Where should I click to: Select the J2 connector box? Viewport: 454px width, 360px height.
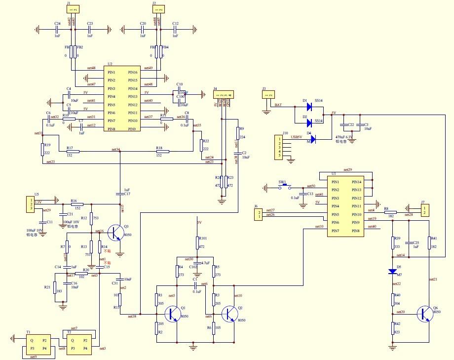pyautogui.click(x=158, y=9)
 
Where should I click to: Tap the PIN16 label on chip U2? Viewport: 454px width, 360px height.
pyautogui.click(x=133, y=72)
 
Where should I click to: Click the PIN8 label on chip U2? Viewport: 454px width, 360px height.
pyautogui.click(x=112, y=129)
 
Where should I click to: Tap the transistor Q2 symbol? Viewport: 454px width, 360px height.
pyautogui.click(x=230, y=315)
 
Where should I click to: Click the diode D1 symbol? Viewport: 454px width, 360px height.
pyautogui.click(x=309, y=106)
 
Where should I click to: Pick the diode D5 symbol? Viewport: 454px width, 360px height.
pyautogui.click(x=393, y=272)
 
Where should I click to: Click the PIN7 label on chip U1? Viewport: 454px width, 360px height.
pyautogui.click(x=336, y=231)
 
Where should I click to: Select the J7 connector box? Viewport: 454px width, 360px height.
pyautogui.click(x=423, y=210)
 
